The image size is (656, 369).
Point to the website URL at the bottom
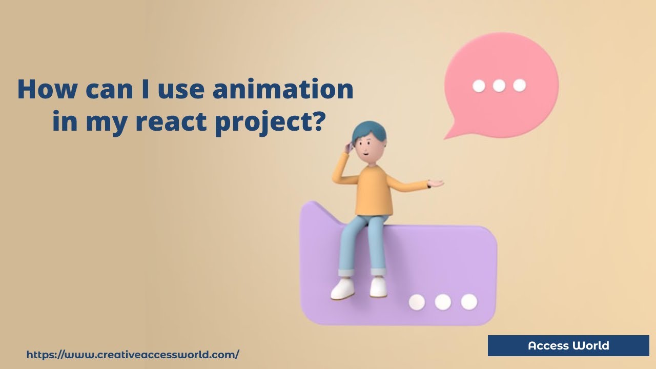(x=133, y=354)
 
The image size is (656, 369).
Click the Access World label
(x=568, y=345)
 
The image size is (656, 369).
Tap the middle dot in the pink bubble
(x=499, y=86)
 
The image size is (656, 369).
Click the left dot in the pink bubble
(x=479, y=86)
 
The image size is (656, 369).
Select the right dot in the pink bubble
(x=519, y=85)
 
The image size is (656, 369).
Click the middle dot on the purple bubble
(x=443, y=302)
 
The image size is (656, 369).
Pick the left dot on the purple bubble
(x=417, y=302)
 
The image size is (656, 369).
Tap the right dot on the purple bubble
(x=469, y=301)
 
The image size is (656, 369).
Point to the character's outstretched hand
(x=436, y=182)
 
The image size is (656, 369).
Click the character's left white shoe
(x=342, y=289)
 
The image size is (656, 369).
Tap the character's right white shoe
(x=378, y=288)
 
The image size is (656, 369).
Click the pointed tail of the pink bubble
(x=449, y=134)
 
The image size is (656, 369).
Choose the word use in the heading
(x=183, y=90)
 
